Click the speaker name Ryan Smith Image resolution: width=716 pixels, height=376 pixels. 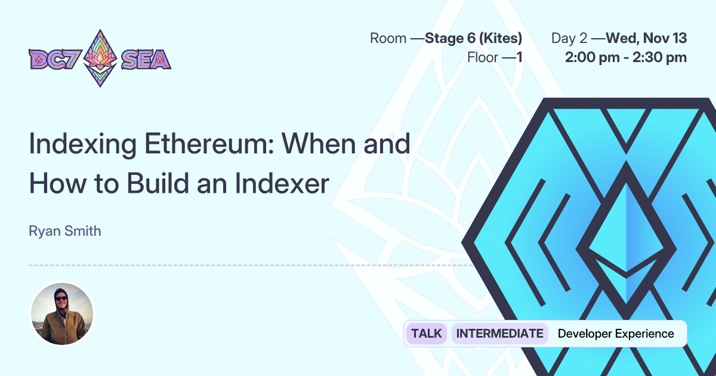64,231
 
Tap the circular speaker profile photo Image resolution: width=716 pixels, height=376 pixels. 62,314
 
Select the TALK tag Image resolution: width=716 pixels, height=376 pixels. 427,334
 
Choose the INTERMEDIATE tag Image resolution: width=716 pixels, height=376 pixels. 499,334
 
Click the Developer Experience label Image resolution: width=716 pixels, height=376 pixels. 616,334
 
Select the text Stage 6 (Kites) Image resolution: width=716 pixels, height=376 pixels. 474,39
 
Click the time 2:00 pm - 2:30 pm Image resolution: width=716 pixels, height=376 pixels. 626,57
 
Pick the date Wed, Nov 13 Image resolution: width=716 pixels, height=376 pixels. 646,39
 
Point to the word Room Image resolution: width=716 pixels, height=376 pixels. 388,39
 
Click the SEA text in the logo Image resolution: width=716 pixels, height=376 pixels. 146,59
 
